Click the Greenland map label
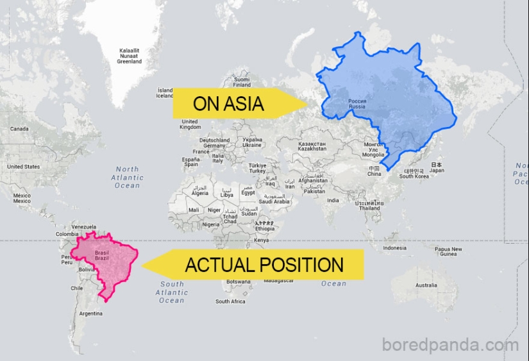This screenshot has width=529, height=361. pyautogui.click(x=129, y=56)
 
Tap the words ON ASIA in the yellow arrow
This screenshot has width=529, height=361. pyautogui.click(x=228, y=104)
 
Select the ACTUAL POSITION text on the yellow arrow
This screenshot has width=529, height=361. pyautogui.click(x=264, y=264)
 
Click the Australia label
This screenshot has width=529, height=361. pyautogui.click(x=426, y=285)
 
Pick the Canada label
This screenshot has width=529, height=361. pyautogui.click(x=19, y=129)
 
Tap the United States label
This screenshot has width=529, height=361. pyautogui.click(x=23, y=167)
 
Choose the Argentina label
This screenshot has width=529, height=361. pyautogui.click(x=90, y=314)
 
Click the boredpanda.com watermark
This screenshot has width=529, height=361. pyautogui.click(x=449, y=345)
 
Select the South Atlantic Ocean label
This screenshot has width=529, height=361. pyautogui.click(x=172, y=292)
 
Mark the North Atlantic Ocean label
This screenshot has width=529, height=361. pyautogui.click(x=127, y=178)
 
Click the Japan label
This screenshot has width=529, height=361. pyautogui.click(x=437, y=167)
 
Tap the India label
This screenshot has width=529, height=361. pyautogui.click(x=333, y=200)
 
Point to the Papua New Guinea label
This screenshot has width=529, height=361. pyautogui.click(x=448, y=251)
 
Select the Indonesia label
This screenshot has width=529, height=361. pyautogui.click(x=394, y=248)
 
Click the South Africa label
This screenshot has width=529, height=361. pyautogui.click(x=230, y=301)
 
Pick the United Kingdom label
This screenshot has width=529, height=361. pyautogui.click(x=190, y=124)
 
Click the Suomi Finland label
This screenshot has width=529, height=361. pyautogui.click(x=242, y=81)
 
